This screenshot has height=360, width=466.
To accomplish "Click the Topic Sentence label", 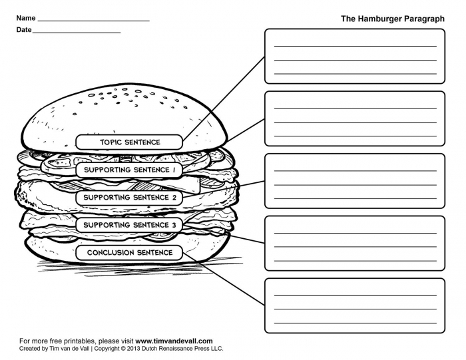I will tap(130, 142).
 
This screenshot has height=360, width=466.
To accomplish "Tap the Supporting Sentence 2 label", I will tap(130, 198).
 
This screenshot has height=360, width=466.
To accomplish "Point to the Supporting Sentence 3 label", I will tap(130, 225).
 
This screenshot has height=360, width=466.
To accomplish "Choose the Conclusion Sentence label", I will tap(130, 253).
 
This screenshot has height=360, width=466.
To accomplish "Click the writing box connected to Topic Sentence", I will tap(355, 56).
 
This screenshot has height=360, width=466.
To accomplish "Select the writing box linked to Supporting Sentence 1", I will tap(355, 118).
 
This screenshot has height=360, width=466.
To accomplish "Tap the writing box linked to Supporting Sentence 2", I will tap(355, 181).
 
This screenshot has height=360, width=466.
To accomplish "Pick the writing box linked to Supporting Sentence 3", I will tap(355, 243).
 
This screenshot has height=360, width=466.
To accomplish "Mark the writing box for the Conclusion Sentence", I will tap(355, 305).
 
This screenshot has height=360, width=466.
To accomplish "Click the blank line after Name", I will tap(93, 20).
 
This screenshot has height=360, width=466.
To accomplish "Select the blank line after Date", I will tap(77, 31).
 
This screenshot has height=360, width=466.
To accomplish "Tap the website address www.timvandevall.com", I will tap(174, 341).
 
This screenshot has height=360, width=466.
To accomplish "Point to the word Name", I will tap(26, 18).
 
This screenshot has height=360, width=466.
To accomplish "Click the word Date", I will tap(24, 30).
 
